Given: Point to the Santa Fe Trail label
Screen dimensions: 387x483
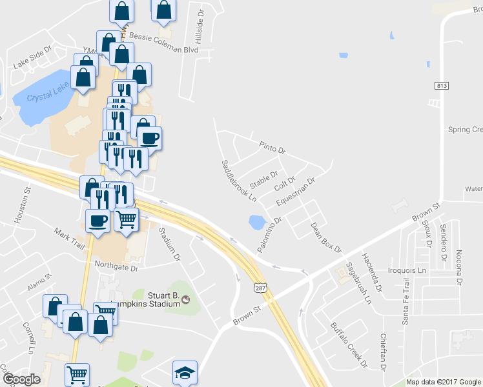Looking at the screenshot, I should [x=406, y=302].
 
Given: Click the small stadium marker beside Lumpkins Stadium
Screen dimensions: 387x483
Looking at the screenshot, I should [x=187, y=300].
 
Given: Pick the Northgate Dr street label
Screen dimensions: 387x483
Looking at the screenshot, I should [x=116, y=266].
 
